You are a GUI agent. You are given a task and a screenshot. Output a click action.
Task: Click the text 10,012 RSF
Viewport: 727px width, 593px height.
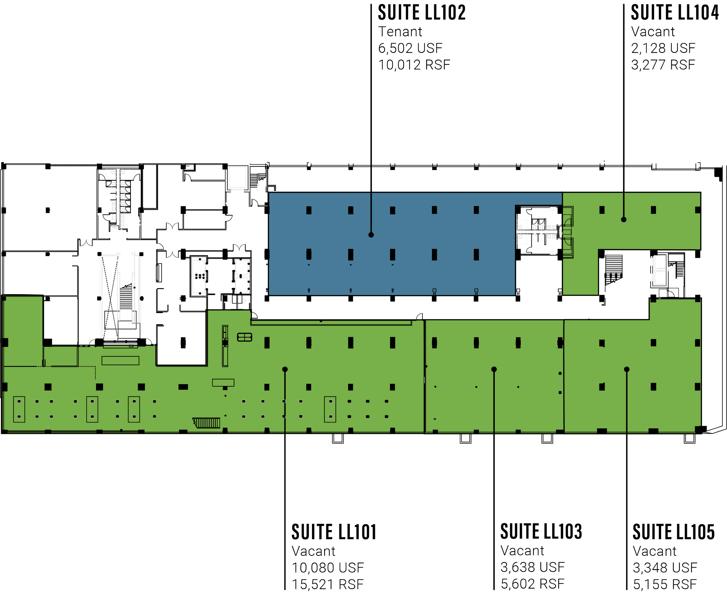coord(414,65)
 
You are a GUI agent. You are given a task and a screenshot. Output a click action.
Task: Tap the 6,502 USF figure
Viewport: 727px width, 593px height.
coord(410,48)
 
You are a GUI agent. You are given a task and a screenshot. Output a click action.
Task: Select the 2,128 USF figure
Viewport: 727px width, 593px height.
coord(663,48)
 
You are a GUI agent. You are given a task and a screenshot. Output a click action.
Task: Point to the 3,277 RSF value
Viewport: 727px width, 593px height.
coord(663,65)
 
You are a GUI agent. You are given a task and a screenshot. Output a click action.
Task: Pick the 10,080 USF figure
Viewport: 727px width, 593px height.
coord(328,568)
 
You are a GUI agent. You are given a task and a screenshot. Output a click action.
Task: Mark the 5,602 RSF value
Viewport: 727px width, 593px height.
coord(532,584)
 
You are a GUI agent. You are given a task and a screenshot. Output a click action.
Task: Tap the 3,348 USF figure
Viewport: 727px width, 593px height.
coord(664,567)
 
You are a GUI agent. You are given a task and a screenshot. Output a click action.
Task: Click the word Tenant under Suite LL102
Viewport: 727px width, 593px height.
coord(400,32)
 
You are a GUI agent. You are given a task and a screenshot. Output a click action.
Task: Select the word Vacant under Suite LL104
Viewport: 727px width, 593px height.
coord(653,32)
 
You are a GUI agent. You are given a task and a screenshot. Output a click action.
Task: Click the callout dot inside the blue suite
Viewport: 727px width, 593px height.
coord(371,235)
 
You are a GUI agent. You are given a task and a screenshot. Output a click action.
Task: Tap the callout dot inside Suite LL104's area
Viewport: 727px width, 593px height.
coord(623,220)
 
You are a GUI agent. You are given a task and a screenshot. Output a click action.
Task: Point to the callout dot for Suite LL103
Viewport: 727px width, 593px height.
coord(494,369)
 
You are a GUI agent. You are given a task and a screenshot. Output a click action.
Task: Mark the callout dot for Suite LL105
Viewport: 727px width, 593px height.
coord(627,369)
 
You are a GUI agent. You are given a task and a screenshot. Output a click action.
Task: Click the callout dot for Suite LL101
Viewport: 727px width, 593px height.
coord(285,369)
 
